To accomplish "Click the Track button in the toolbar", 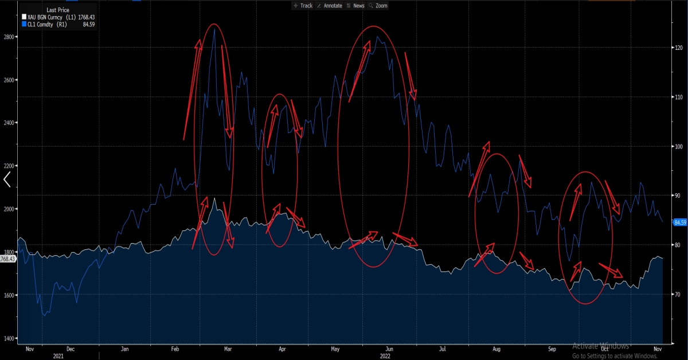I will pos(303,6).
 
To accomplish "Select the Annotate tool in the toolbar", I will pos(330,6).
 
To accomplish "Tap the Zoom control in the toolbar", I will pos(378,6).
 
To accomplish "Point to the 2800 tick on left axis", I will pos(9,36).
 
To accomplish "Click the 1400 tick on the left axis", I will pos(9,338).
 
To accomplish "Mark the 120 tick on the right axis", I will pos(678,48).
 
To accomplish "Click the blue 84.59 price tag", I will pos(679,222).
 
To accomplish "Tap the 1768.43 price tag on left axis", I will pos(8,259).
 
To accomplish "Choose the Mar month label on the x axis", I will pos(228,349).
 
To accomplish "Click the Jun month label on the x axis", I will pos(389,349).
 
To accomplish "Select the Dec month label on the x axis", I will pos(71,349).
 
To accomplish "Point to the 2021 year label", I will pos(59,355).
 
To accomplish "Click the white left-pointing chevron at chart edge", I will pos(7,180).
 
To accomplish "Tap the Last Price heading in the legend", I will pos(58,10).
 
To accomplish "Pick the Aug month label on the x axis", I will pos(497,349).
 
